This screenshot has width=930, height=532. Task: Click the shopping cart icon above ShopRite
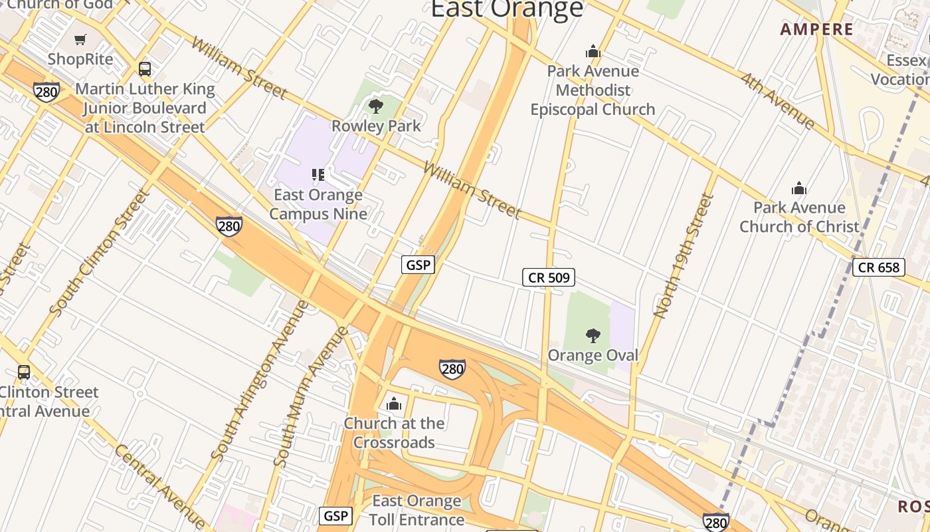coord(80,40)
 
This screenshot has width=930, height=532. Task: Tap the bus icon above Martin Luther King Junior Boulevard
coord(145,68)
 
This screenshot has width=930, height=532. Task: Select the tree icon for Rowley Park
coord(376,106)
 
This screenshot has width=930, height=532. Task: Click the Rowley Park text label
coord(376,126)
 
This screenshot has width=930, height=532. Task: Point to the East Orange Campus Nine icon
coord(318,175)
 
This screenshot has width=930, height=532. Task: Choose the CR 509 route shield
coord(548,277)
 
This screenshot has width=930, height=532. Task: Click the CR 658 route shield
coord(879,267)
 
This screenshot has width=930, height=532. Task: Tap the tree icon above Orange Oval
coord(593,336)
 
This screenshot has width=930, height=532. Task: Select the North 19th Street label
coord(684,255)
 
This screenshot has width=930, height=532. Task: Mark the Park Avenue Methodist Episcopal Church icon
coord(593,52)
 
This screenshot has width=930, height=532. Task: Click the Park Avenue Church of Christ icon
coord(799,188)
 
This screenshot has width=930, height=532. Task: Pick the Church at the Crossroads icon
coord(394,404)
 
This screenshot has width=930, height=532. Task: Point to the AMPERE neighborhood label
coord(816,29)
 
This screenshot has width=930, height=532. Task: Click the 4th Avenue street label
coord(778,100)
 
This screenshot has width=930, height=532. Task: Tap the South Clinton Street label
coord(98,253)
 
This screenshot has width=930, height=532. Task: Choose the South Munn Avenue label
coord(310,396)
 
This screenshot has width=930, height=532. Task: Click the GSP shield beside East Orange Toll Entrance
coord(336,515)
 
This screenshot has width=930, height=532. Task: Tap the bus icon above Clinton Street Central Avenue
coord(24,372)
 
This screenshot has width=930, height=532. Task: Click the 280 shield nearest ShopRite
coord(46,91)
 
